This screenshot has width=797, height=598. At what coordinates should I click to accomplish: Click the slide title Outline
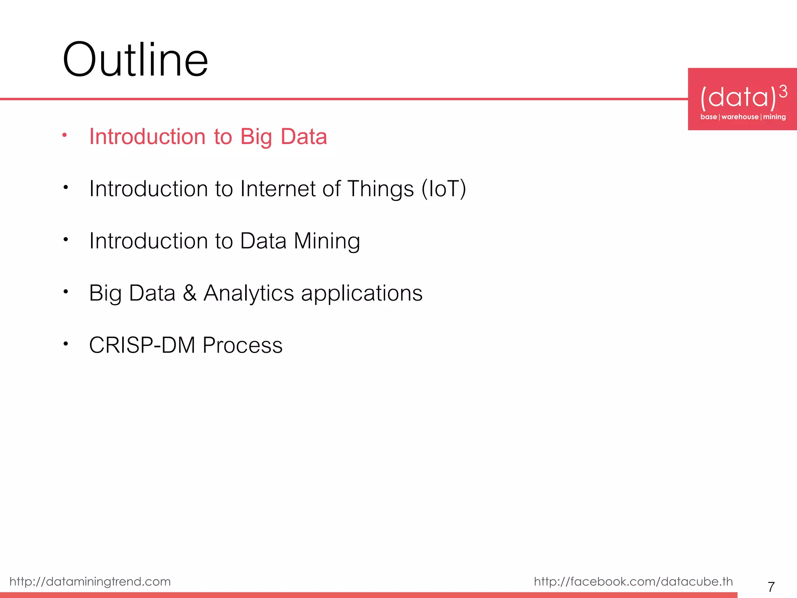135,60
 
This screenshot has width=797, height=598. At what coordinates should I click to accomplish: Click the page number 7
771,586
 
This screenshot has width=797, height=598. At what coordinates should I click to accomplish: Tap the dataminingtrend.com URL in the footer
90,581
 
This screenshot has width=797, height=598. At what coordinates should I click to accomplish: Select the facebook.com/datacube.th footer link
633,581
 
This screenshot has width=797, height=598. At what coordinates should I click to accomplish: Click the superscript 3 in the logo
783,91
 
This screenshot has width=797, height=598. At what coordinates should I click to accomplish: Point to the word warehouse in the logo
740,117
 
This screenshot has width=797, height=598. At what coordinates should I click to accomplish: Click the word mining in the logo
774,117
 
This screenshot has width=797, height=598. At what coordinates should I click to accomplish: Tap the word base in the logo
708,117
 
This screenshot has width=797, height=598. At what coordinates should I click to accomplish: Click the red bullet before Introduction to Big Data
65,135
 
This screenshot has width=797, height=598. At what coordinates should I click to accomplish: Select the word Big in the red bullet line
256,137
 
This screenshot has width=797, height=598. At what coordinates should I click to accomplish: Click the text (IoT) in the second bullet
444,189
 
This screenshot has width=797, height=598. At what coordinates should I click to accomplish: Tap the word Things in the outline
380,189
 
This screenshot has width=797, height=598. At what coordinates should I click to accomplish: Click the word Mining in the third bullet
327,241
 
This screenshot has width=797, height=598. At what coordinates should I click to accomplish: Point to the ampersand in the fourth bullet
190,293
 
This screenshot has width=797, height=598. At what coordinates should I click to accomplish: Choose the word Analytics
249,293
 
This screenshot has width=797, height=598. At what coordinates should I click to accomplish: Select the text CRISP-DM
142,345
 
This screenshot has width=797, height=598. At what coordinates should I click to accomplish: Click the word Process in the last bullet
242,345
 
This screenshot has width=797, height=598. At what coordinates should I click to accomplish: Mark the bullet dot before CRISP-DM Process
66,343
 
